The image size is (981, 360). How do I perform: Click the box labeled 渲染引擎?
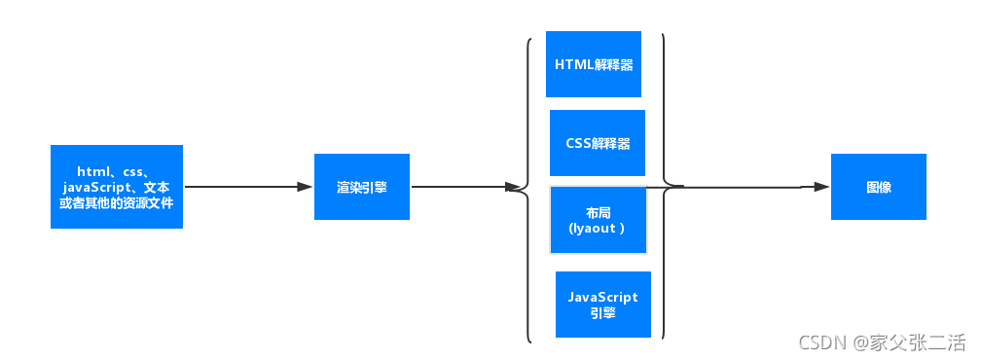point(361,187)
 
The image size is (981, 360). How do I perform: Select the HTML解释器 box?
point(594,64)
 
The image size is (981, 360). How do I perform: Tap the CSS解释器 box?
point(598,142)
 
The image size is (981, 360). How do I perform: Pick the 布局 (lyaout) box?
point(598,220)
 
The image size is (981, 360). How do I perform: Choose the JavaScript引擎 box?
point(602,305)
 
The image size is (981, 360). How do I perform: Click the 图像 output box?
point(878,187)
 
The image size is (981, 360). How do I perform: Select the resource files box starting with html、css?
point(117,187)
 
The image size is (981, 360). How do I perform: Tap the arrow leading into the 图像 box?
point(749,187)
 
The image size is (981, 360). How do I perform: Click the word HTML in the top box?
point(573,65)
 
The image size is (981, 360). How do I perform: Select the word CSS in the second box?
point(578,143)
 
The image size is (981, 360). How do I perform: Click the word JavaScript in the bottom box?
point(602,297)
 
